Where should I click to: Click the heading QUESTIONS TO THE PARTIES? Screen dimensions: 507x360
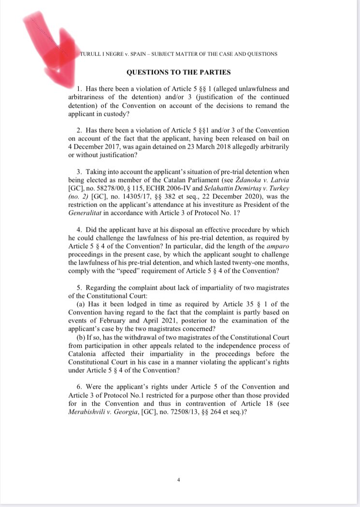click(178, 72)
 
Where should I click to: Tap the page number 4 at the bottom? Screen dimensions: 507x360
click(179, 479)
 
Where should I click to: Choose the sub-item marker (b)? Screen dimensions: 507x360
click(81, 337)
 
